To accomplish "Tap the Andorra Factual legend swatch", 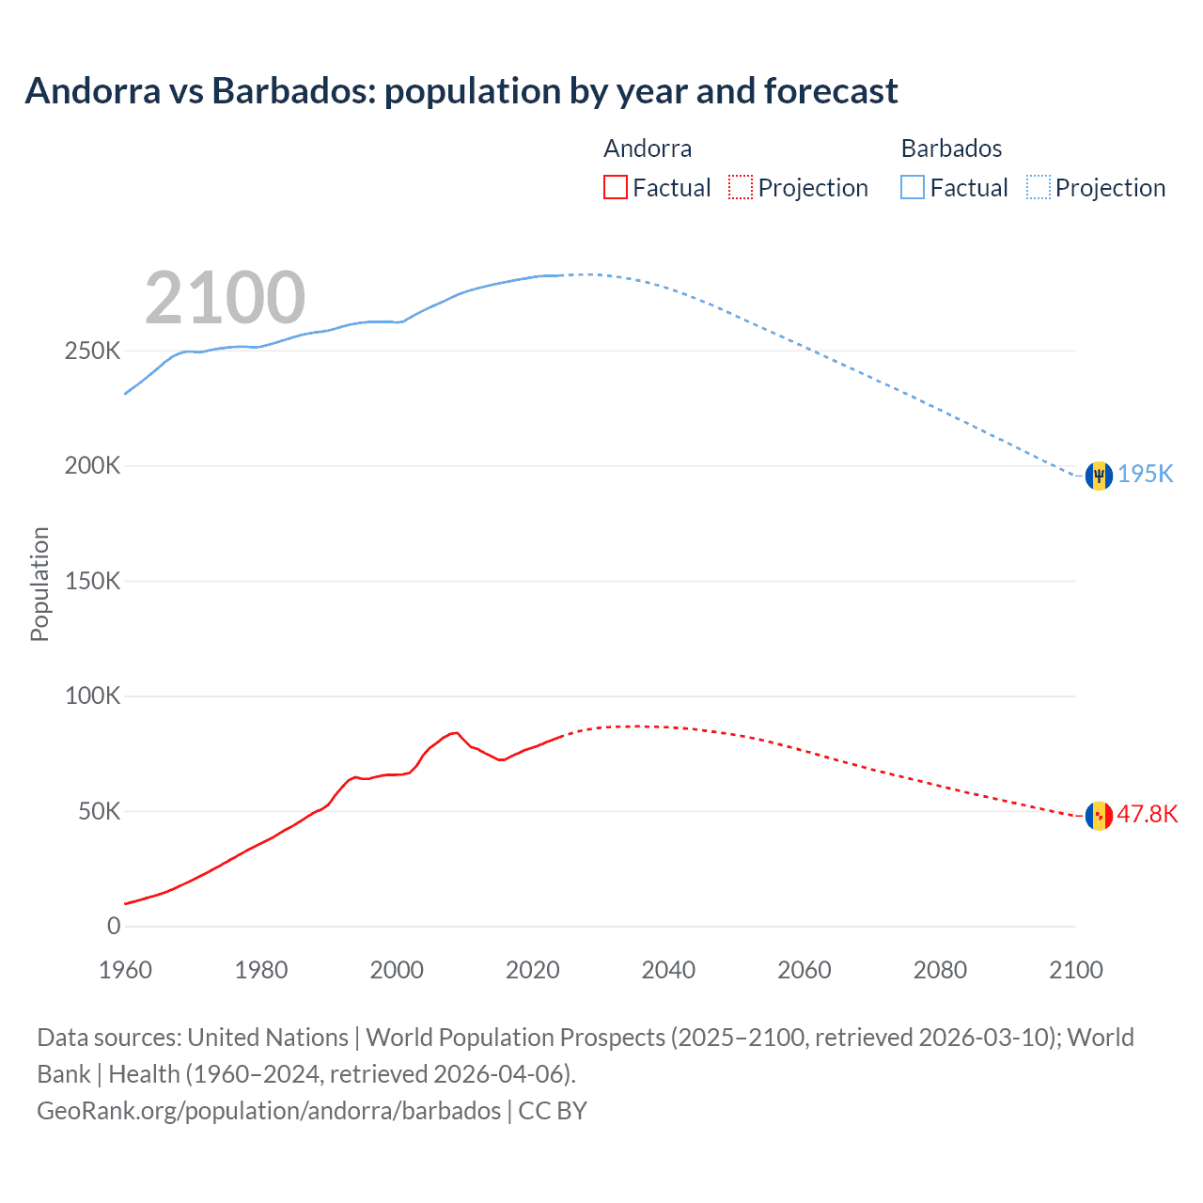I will point(615,187).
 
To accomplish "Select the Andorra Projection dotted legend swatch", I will point(741,187).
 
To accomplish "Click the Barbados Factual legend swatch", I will point(913,187).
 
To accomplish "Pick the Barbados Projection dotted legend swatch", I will point(1039,187).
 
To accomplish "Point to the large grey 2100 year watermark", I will point(225,298).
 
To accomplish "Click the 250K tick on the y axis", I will point(92,352).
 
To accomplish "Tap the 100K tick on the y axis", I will point(92,696).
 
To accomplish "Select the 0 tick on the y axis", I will point(114,927).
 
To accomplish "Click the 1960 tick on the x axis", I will point(125,970).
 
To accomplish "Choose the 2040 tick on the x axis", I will point(668,970).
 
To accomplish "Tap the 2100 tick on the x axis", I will point(1075,970).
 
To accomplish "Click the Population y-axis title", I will point(39,584).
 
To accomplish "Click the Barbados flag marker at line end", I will point(1099,476).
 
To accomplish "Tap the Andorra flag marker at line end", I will point(1099,816).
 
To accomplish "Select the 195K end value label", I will point(1146,474).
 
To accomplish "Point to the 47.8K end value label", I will point(1147,814).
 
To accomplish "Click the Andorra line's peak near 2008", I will point(455,732).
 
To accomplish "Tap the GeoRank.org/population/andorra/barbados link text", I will point(269,1111).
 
